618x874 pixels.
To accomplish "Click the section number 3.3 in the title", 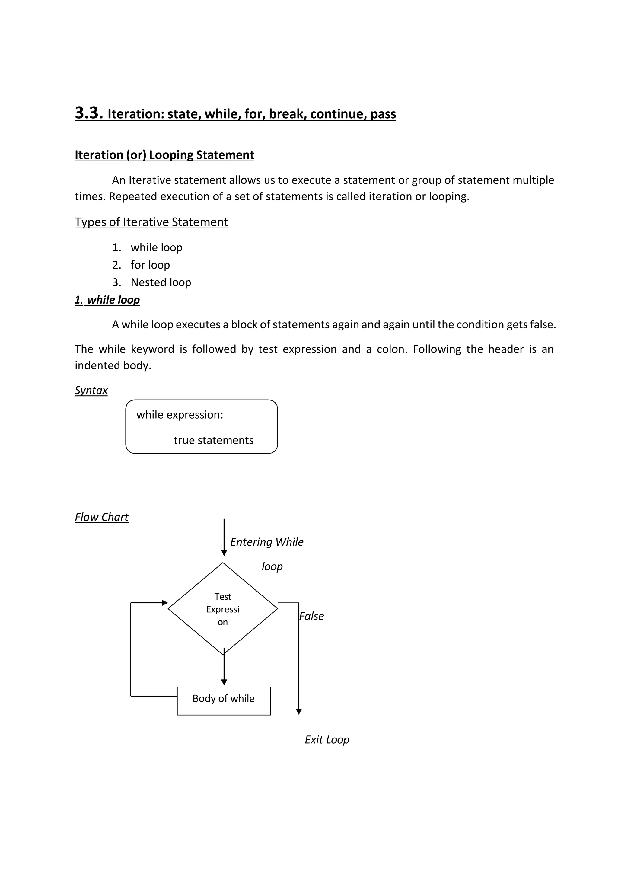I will coord(89,113).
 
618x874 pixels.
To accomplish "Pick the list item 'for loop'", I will coord(150,265).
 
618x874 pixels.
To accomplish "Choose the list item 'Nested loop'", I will coord(161,282).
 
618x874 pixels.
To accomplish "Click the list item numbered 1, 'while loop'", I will coord(156,247).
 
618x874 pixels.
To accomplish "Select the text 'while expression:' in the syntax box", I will coord(180,415).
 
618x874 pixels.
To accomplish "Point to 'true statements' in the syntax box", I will coord(213,440).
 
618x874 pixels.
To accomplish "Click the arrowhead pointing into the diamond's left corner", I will coord(165,603).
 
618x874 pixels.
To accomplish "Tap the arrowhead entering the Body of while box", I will coord(224,683).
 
